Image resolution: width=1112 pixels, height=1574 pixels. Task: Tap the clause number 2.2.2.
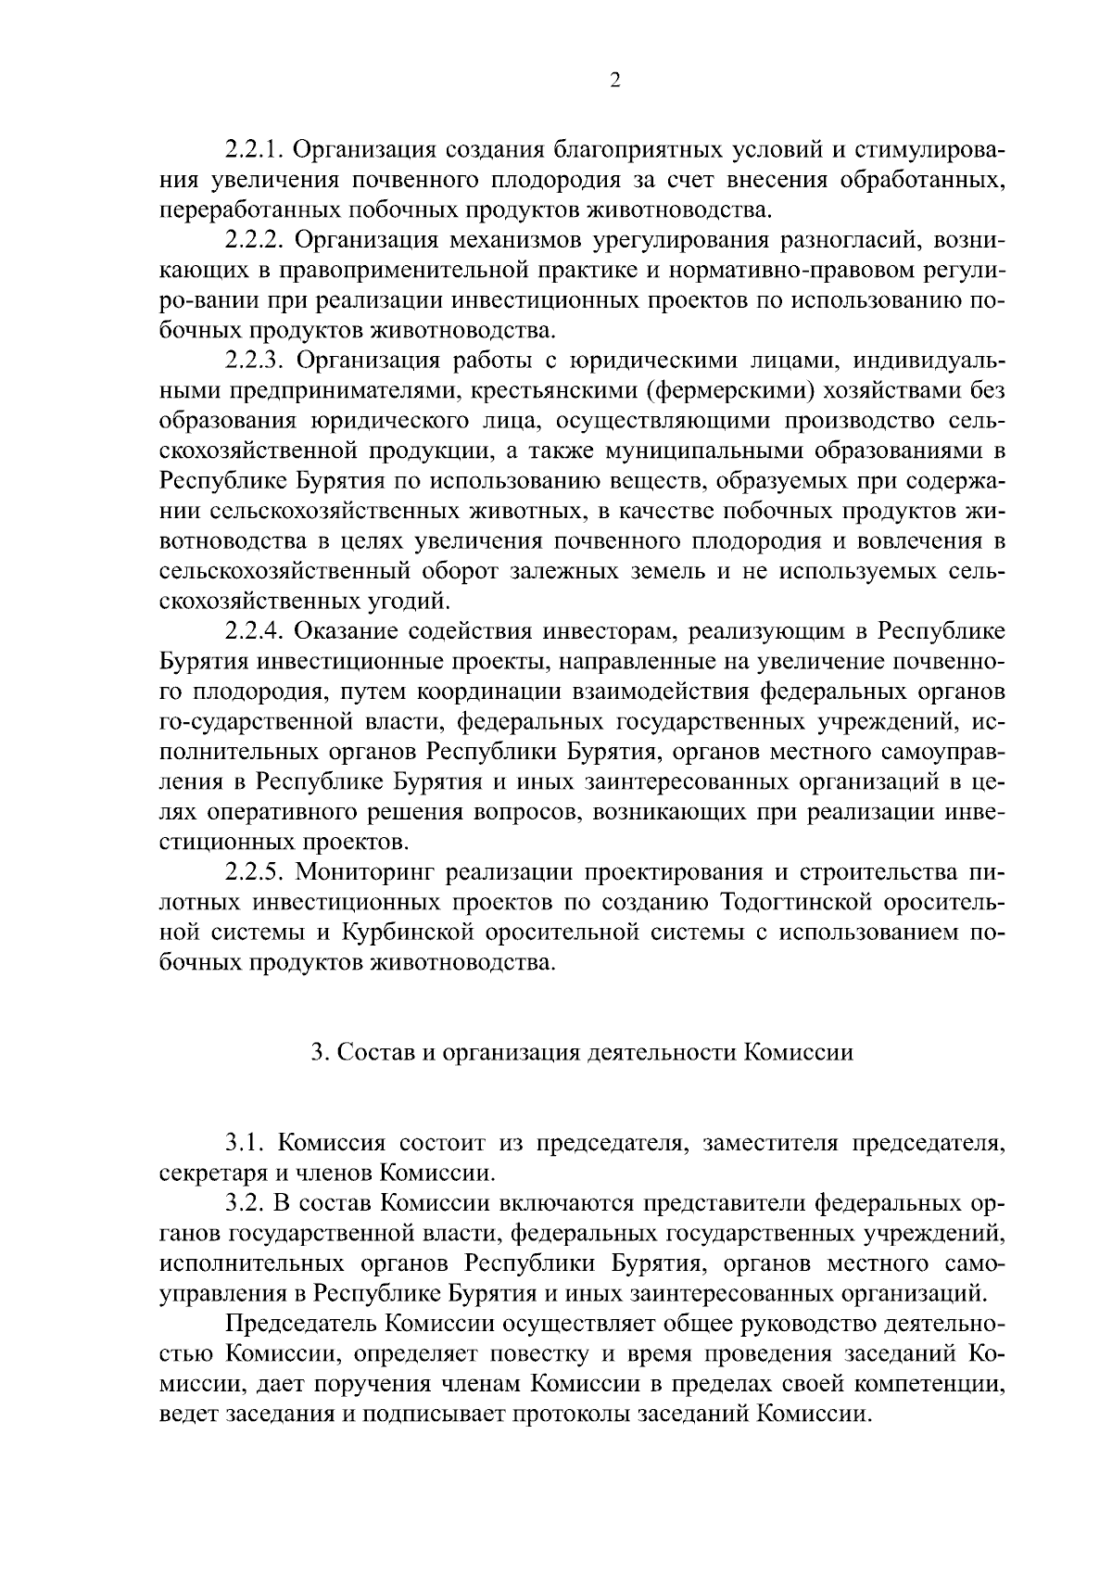tap(255, 240)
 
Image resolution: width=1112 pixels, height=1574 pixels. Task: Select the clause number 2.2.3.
tap(255, 361)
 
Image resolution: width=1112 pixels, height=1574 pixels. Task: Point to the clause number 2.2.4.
tap(255, 632)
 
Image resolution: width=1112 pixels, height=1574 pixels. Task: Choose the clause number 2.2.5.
tap(255, 873)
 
